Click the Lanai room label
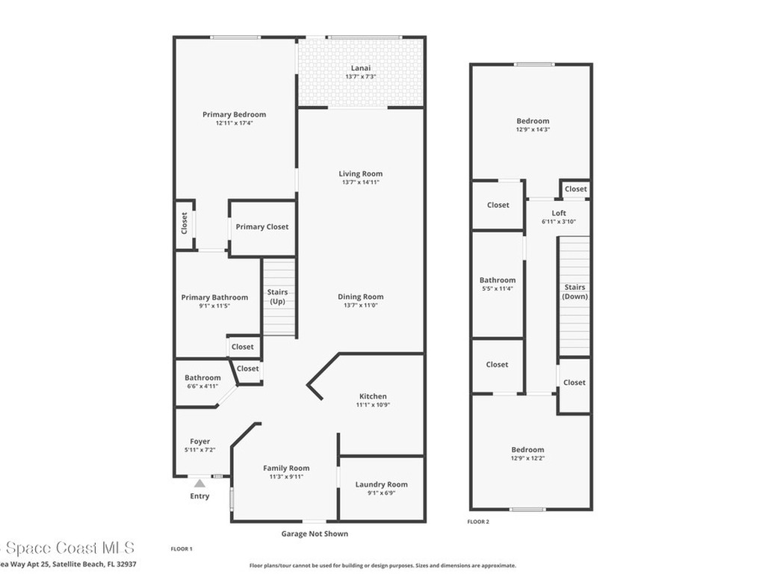pos(361,68)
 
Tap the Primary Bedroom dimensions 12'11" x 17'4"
pos(234,123)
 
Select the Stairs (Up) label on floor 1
pos(278,297)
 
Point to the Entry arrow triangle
pos(199,484)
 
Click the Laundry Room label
pos(381,484)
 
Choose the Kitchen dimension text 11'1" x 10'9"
pos(373,405)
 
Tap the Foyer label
pos(199,442)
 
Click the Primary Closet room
pos(261,227)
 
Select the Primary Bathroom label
pos(214,297)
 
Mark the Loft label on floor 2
pos(559,214)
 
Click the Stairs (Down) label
pos(574,291)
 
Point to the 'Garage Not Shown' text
pos(314,534)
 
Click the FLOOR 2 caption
pos(478,522)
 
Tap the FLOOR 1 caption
pos(182,549)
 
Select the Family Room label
pos(286,468)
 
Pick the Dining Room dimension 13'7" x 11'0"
pos(361,305)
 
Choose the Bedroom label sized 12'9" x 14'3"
pos(533,121)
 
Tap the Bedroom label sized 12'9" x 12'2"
pos(527,450)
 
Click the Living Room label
pos(361,174)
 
